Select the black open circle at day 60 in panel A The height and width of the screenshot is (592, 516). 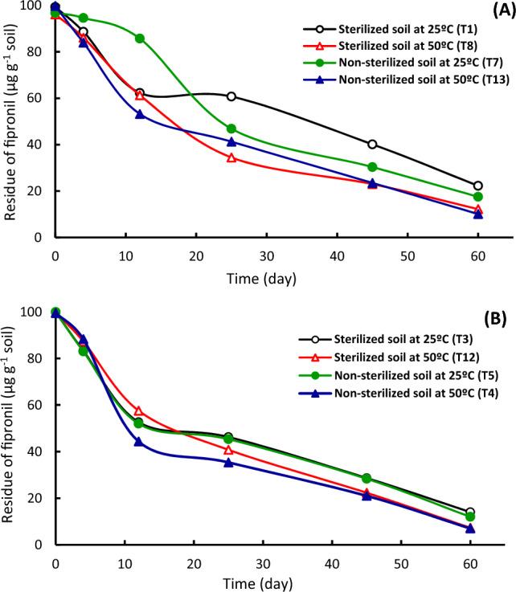coord(478,186)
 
